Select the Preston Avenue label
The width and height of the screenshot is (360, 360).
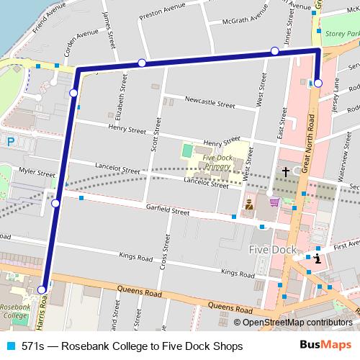(167, 12)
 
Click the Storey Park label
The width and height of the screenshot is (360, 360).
(342, 34)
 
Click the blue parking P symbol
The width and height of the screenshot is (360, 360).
(10, 143)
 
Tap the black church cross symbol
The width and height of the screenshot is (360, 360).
(285, 172)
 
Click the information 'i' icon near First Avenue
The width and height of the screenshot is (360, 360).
(318, 258)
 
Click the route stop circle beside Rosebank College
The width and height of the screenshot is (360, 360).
(42, 290)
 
